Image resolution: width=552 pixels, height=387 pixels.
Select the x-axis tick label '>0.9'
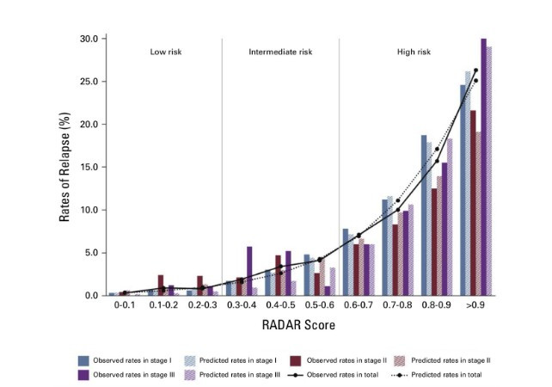click(x=474, y=305)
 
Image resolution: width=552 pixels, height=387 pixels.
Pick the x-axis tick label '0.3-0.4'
click(x=242, y=305)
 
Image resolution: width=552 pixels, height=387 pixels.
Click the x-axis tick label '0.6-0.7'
click(x=358, y=305)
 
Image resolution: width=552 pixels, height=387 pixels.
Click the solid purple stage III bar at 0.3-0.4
click(x=249, y=271)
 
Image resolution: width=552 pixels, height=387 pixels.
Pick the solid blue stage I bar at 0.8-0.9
click(x=424, y=215)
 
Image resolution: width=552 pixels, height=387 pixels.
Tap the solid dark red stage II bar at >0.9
click(x=473, y=203)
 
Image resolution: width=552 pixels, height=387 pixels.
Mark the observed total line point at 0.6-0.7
click(x=359, y=235)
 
